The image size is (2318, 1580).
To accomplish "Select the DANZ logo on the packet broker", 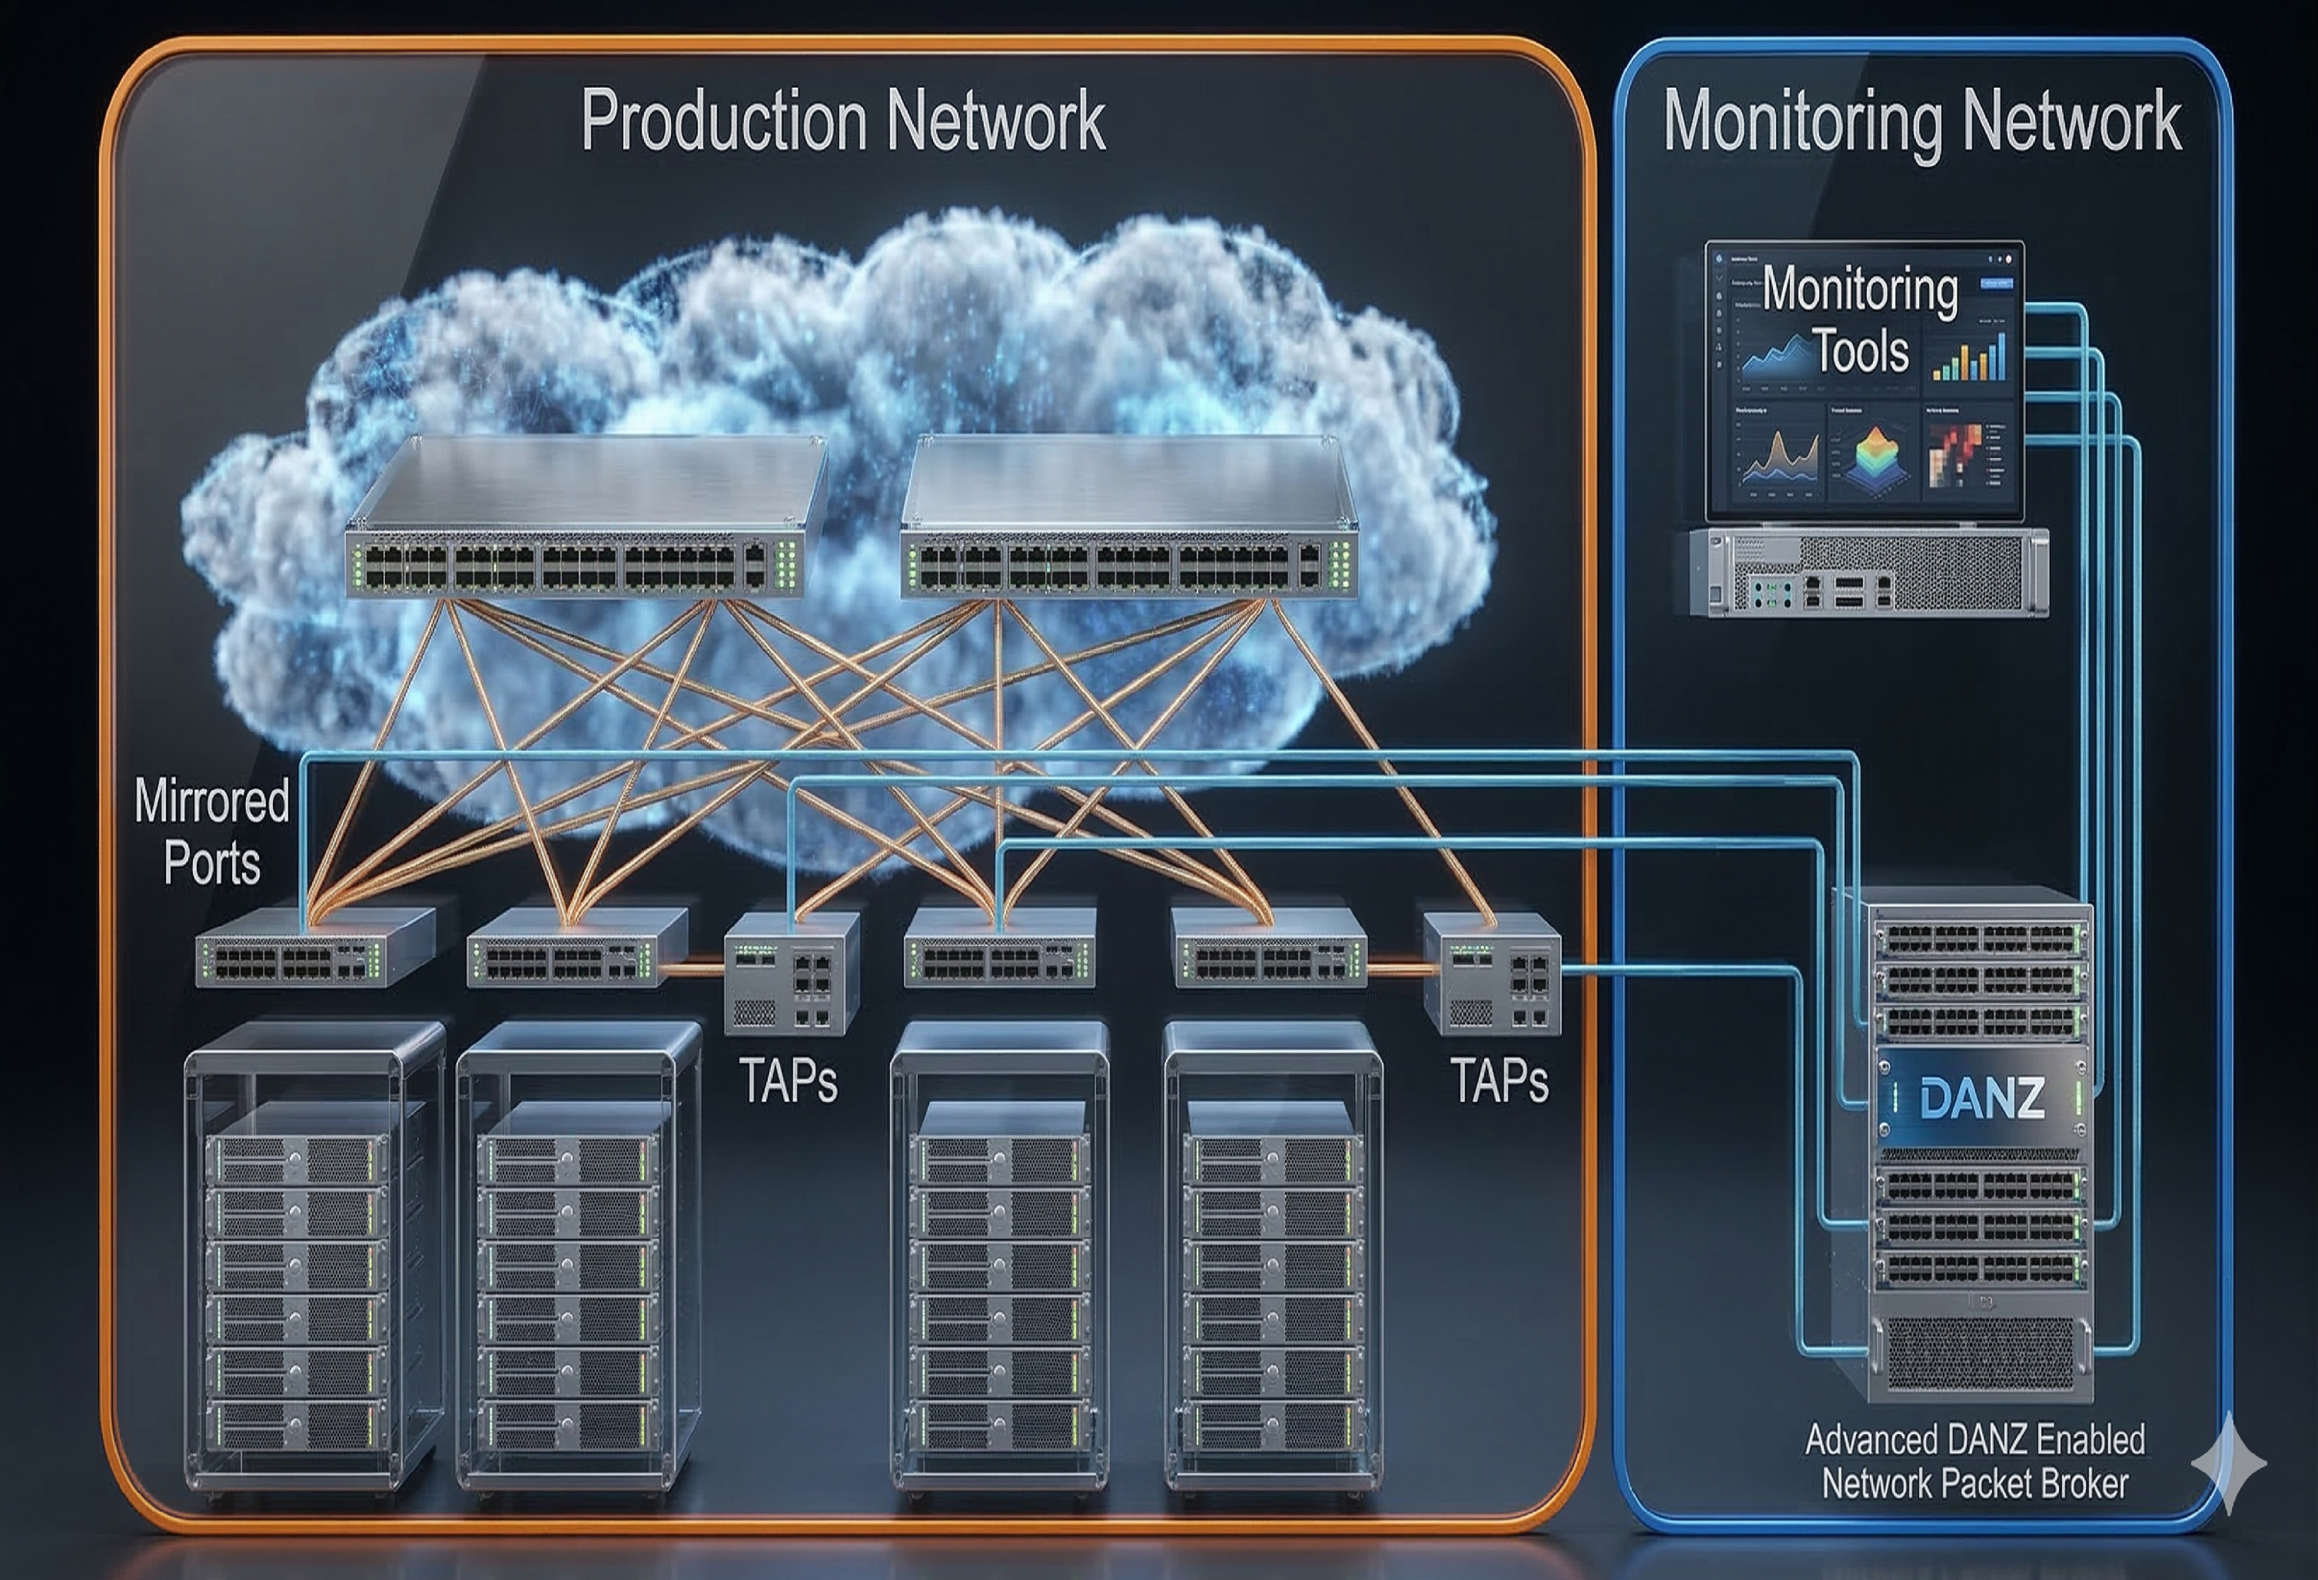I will point(1981,1098).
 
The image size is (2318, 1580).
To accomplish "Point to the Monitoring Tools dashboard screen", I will point(1863,379).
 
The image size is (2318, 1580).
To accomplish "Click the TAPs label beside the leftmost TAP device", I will point(788,1080).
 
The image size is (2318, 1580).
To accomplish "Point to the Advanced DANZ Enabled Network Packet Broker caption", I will point(1975,1462).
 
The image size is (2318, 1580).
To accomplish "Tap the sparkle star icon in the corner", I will point(2229,1463).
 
